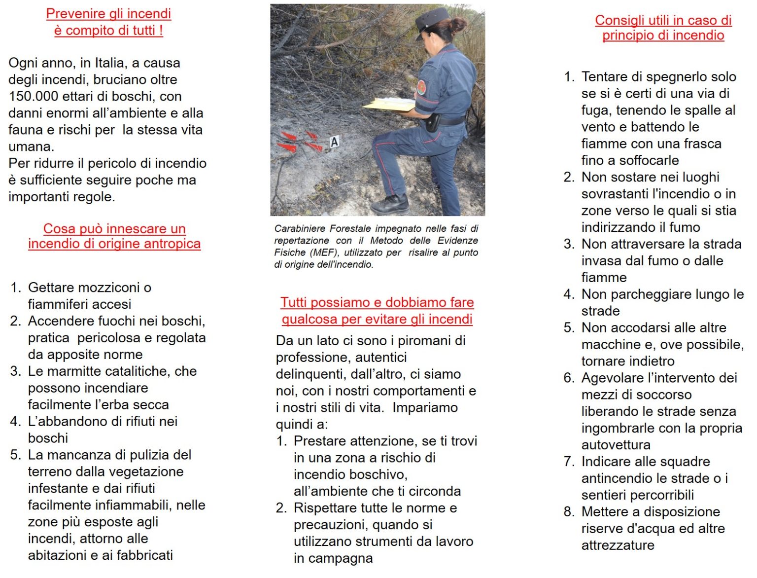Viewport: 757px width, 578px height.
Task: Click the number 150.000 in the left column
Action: coord(33,96)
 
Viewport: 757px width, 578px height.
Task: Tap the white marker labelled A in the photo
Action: coord(335,142)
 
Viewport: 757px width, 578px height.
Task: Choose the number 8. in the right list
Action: coord(569,512)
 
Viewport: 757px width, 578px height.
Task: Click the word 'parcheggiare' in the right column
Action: coord(636,294)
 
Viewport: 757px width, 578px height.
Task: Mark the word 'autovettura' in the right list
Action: coord(616,445)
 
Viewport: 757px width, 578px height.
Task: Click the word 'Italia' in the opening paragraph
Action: coord(109,63)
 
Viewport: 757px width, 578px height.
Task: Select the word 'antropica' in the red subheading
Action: coord(172,244)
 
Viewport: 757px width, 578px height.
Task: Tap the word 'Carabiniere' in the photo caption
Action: coord(300,229)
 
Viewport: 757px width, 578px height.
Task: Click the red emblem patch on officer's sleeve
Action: coord(421,87)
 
